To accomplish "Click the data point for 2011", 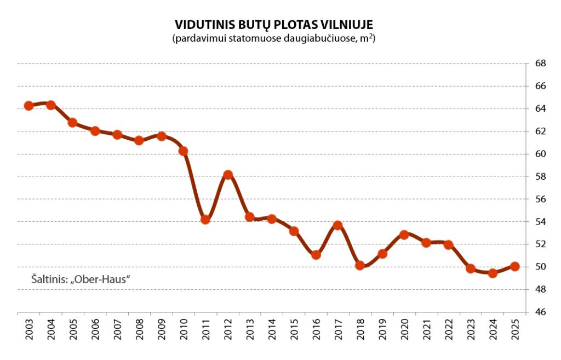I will (205, 220).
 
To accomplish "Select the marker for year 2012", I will (228, 175).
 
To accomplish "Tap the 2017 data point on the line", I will (338, 225).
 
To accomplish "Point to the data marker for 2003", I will (29, 106).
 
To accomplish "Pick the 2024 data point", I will (493, 273).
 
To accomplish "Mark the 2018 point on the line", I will (360, 265).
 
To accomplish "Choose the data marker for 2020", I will (404, 235).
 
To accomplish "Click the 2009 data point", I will (162, 136).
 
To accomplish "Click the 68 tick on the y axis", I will (540, 64).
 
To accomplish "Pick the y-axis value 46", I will (540, 312).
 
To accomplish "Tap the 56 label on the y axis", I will (540, 199).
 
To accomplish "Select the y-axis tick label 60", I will (540, 154).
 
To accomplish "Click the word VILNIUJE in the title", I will (350, 25).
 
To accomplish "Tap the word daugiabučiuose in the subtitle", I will (315, 39).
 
